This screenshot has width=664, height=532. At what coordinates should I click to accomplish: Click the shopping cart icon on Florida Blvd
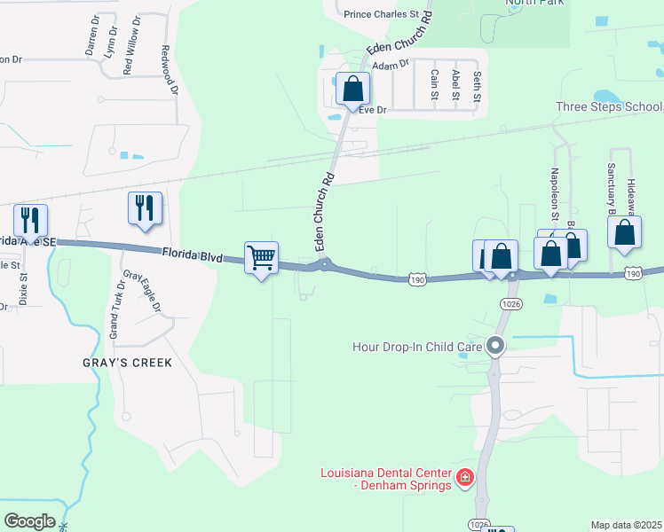point(261,258)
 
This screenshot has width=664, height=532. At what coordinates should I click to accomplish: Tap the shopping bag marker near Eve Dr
point(352,90)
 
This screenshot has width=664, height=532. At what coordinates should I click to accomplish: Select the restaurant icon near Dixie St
point(30,221)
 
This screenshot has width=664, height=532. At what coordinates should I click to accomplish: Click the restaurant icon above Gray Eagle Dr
point(145,208)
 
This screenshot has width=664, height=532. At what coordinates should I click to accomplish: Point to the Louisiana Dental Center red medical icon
point(463,480)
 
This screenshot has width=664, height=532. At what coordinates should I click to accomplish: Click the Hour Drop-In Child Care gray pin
point(496,346)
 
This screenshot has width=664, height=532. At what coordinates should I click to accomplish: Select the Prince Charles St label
point(381,14)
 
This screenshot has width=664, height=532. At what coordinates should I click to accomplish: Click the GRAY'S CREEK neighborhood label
point(127,363)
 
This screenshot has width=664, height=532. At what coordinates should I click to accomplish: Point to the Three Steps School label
point(608,106)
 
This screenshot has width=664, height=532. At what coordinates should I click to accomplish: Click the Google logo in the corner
point(29,521)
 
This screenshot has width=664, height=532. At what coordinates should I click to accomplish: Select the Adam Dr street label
point(391,65)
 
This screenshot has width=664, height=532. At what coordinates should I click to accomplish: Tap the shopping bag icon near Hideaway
point(625,232)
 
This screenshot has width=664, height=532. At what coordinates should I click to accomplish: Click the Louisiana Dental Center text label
point(387,480)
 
